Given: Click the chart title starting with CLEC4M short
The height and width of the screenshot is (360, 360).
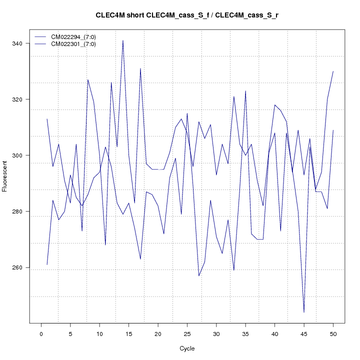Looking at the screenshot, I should [187, 15].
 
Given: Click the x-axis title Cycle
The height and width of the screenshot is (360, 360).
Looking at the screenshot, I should [187, 348].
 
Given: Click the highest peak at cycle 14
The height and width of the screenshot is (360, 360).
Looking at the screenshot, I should [123, 40].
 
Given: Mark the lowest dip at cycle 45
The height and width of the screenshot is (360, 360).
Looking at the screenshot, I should [304, 312].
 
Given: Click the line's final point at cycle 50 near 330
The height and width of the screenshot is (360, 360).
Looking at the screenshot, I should [333, 71].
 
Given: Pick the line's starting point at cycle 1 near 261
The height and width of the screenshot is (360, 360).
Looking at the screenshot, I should [47, 265].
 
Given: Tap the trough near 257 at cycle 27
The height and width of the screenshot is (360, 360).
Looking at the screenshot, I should [199, 276].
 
